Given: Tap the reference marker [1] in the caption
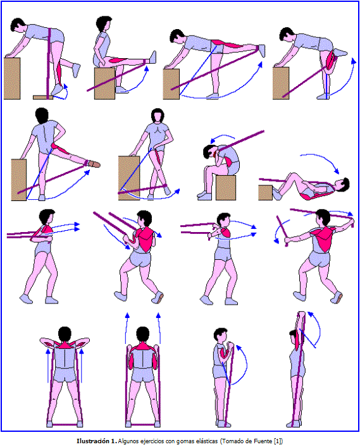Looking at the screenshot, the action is point(277,441).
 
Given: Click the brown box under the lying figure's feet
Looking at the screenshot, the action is point(265,192).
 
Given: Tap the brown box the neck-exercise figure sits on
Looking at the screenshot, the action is point(226,188).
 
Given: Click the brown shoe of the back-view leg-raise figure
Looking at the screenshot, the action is point(94,164).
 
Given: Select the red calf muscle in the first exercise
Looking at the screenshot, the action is point(59,73).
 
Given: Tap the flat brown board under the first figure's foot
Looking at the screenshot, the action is point(43,97).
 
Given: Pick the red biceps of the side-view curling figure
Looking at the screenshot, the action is point(223,354).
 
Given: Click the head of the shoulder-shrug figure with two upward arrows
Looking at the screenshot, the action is point(142,334).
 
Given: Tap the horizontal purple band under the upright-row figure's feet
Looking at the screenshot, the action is point(65,424).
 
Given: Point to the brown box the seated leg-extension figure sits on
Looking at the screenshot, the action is point(104,83).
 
